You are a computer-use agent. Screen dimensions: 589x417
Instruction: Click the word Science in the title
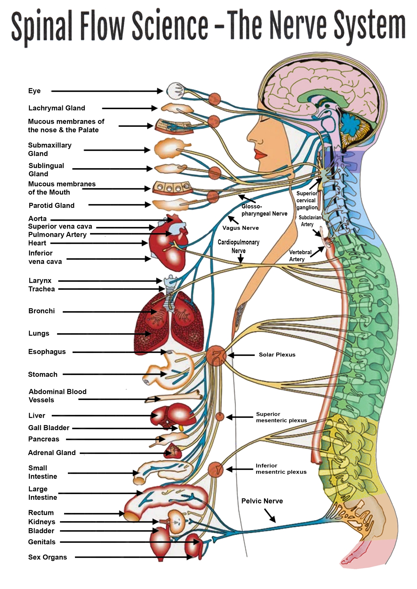click(x=170, y=25)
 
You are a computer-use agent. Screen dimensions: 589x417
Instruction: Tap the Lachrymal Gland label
click(x=56, y=108)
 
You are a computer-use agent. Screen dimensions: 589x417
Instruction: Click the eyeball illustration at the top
click(x=174, y=91)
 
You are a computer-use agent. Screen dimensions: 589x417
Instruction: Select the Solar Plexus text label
click(x=277, y=355)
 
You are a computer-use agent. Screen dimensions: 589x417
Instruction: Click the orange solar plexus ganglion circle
click(x=216, y=356)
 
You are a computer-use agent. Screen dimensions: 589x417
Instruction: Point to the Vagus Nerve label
click(x=241, y=228)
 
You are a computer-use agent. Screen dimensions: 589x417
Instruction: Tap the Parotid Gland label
click(x=51, y=206)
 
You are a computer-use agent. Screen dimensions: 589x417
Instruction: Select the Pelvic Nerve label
click(x=262, y=501)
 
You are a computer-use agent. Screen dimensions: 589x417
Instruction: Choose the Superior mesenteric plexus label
click(x=281, y=417)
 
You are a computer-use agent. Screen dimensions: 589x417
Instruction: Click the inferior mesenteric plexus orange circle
click(x=215, y=469)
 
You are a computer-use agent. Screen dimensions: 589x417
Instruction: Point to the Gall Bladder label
click(x=49, y=428)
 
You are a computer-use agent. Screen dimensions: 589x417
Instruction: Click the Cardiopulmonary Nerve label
click(x=239, y=246)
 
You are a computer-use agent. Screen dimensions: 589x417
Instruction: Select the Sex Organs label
click(x=47, y=557)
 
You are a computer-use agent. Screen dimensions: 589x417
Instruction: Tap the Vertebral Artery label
click(x=300, y=256)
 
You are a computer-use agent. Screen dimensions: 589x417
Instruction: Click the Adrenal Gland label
click(x=52, y=453)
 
